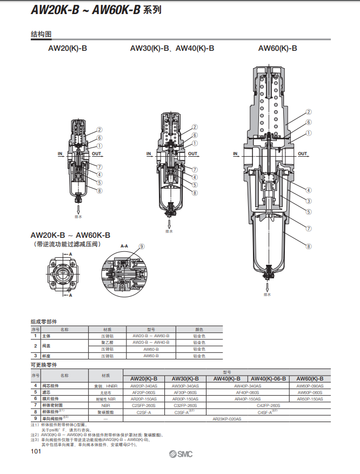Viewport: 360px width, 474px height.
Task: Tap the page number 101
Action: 36,451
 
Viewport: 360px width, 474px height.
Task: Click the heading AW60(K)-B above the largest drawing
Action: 277,48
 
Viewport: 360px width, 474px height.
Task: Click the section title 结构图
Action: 41,34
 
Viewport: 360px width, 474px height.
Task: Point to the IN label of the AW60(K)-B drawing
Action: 235,153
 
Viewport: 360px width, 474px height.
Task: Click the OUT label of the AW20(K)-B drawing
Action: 96,153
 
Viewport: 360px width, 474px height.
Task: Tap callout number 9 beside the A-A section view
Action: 142,246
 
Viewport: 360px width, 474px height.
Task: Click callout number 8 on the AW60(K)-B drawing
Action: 309,246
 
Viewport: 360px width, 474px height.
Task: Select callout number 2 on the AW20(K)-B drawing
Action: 99,130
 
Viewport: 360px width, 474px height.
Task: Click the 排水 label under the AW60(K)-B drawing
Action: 267,295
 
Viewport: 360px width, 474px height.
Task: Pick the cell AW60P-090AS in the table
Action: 310,386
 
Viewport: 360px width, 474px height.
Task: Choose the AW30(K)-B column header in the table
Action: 185,379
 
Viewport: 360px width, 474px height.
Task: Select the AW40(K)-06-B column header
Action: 269,379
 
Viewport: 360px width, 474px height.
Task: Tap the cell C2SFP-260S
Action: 144,405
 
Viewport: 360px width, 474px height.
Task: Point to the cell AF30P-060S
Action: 185,392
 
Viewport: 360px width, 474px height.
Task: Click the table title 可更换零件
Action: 43,365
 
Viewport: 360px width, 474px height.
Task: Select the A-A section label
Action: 124,246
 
